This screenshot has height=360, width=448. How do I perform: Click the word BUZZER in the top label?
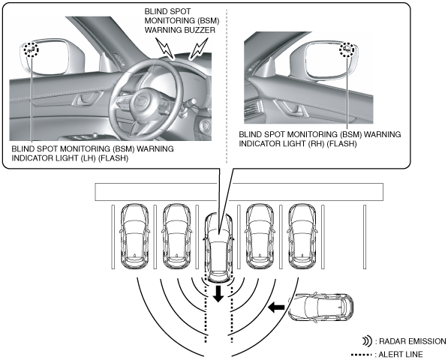pos(199,30)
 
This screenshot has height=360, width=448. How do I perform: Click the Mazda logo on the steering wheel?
pos(141,100)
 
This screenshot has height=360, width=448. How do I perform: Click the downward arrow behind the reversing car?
pos(218,293)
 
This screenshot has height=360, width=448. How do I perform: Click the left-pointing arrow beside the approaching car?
pos(276,307)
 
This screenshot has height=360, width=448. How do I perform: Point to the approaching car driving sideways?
pos(320,307)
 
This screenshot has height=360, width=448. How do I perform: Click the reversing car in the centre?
pos(218,247)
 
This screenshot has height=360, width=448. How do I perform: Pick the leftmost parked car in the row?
pos(134,236)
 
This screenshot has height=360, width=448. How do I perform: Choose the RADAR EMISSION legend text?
pos(412,341)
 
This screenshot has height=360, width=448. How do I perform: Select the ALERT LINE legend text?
pos(401,355)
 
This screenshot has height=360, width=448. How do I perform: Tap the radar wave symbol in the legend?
pos(367,341)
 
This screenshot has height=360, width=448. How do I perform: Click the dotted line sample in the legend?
pos(362,355)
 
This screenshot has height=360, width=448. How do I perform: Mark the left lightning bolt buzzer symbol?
pos(165,48)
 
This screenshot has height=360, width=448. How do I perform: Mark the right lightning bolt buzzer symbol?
pos(199,48)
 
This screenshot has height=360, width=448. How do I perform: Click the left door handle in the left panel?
pos(86,99)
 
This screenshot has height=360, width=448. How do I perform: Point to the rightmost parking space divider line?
pos(365,237)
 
